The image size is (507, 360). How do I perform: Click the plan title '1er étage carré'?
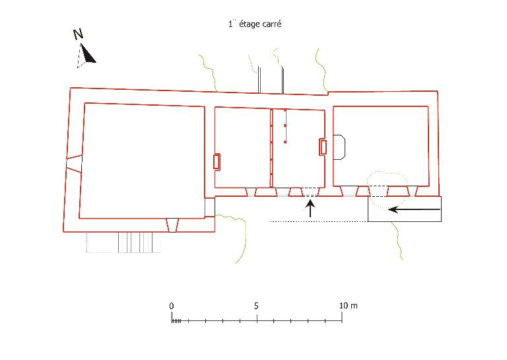[255, 24]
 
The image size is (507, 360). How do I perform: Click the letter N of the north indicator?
[78, 34]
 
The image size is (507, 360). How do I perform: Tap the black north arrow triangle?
[88, 54]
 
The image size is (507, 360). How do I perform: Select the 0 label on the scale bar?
[172, 306]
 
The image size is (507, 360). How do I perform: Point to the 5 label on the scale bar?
[256, 306]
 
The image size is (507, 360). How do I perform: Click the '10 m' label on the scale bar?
[349, 306]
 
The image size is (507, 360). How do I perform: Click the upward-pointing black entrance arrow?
[310, 209]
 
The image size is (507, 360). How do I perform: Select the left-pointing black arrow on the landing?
[414, 209]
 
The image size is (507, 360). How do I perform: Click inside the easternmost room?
[381, 146]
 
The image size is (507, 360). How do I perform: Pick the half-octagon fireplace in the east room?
[339, 147]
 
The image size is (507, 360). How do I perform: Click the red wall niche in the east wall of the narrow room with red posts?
[323, 147]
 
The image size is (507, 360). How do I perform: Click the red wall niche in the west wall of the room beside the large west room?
[217, 161]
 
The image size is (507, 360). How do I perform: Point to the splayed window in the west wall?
[74, 163]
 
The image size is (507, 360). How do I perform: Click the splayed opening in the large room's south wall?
[172, 225]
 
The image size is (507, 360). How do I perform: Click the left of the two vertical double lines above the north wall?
[259, 80]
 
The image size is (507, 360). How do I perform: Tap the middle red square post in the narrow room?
[285, 126]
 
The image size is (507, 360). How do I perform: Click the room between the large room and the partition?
[242, 147]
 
